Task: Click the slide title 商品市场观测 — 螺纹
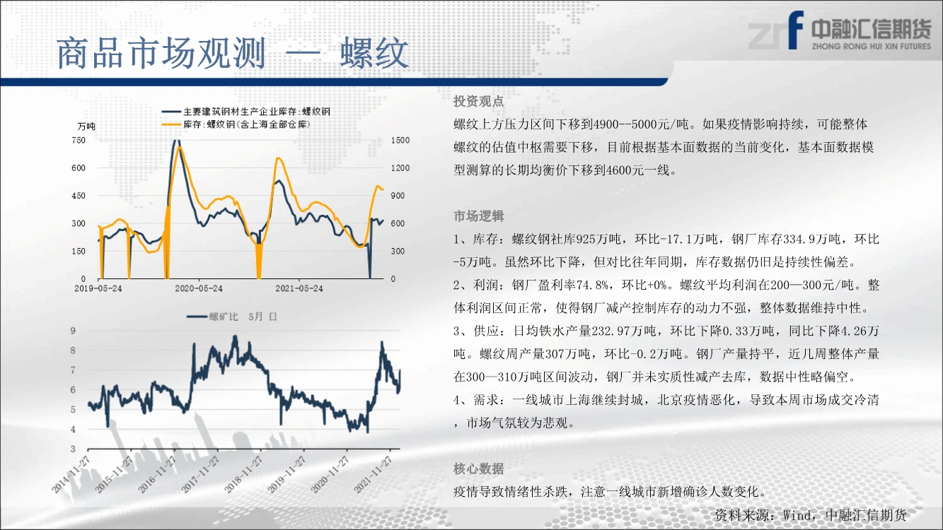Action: [x=233, y=54]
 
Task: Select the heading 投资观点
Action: [x=479, y=101]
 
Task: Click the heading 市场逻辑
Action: [x=479, y=216]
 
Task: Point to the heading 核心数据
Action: [x=479, y=469]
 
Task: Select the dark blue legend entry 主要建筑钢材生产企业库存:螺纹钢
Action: [x=246, y=112]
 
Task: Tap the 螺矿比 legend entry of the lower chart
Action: [x=232, y=317]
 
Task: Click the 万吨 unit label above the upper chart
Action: [x=86, y=126]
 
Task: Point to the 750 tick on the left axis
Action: [x=79, y=140]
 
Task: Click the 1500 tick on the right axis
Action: [x=400, y=140]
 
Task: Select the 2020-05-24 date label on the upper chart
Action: [x=199, y=288]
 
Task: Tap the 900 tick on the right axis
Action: [x=398, y=196]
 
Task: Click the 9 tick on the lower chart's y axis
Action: [x=73, y=331]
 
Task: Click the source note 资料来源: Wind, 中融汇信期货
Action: [x=811, y=515]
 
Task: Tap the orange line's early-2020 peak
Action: [x=180, y=147]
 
